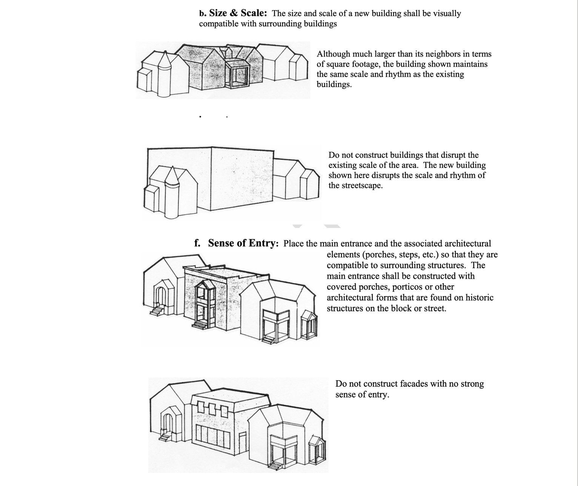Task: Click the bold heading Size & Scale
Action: coord(238,13)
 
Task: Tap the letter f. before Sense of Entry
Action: coord(197,243)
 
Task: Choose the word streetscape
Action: coord(362,185)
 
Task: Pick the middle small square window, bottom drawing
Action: coord(212,408)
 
